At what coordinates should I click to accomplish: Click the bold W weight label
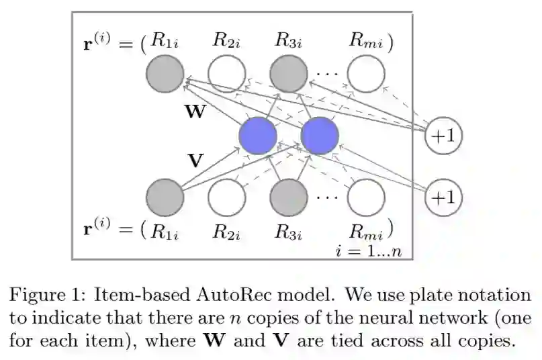point(195,111)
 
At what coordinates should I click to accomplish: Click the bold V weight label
point(195,161)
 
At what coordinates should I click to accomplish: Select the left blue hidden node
point(258,136)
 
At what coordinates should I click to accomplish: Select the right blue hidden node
point(320,136)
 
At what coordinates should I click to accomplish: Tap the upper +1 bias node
point(444,136)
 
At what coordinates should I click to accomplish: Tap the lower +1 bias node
point(444,197)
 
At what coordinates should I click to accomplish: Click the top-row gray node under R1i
point(165,74)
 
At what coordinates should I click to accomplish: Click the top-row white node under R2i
point(226,74)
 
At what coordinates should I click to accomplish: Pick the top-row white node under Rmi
point(366,74)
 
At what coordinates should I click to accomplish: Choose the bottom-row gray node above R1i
point(165,197)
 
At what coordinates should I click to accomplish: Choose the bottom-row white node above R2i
point(226,197)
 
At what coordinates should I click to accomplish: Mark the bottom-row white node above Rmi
point(366,197)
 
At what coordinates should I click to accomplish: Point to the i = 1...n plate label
point(368,251)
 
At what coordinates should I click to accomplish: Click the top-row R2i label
point(227,40)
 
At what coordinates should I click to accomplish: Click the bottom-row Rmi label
point(367,232)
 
